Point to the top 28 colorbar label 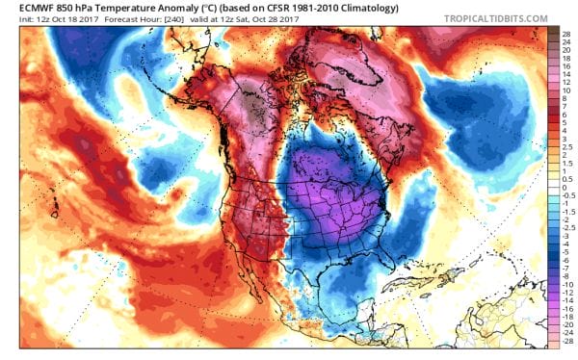click(x=566, y=32)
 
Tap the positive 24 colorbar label click(x=566, y=40)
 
